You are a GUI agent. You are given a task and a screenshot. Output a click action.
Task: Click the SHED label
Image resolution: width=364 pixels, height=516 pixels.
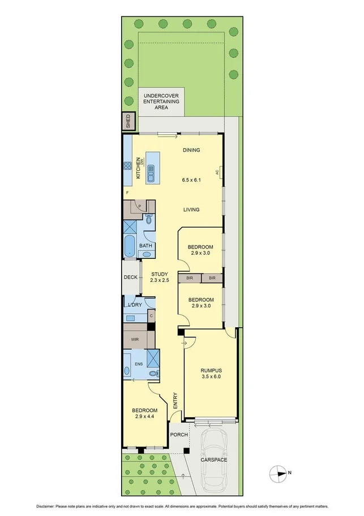point(129,122)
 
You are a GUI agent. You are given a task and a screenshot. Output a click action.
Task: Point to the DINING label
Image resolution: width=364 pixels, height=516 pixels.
point(192,150)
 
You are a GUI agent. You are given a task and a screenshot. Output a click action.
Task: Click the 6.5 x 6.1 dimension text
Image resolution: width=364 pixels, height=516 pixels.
point(192,180)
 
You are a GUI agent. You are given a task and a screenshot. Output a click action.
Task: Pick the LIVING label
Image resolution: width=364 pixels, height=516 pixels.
point(191,210)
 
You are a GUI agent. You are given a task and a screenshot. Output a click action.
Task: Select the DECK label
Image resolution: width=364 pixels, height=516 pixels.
point(130,277)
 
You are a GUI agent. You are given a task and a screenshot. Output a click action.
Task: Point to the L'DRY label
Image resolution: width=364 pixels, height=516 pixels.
point(135,305)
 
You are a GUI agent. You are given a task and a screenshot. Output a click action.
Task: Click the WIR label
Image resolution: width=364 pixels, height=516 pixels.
point(135,340)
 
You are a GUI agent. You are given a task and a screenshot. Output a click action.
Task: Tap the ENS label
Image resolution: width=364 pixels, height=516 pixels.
point(139,364)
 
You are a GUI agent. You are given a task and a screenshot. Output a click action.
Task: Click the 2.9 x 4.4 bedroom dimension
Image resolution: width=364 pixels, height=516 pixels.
point(145,417)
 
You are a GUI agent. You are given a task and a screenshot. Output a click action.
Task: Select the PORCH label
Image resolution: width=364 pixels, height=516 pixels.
point(179,435)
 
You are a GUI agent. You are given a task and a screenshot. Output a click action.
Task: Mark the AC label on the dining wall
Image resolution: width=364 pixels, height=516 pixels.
point(217,172)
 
